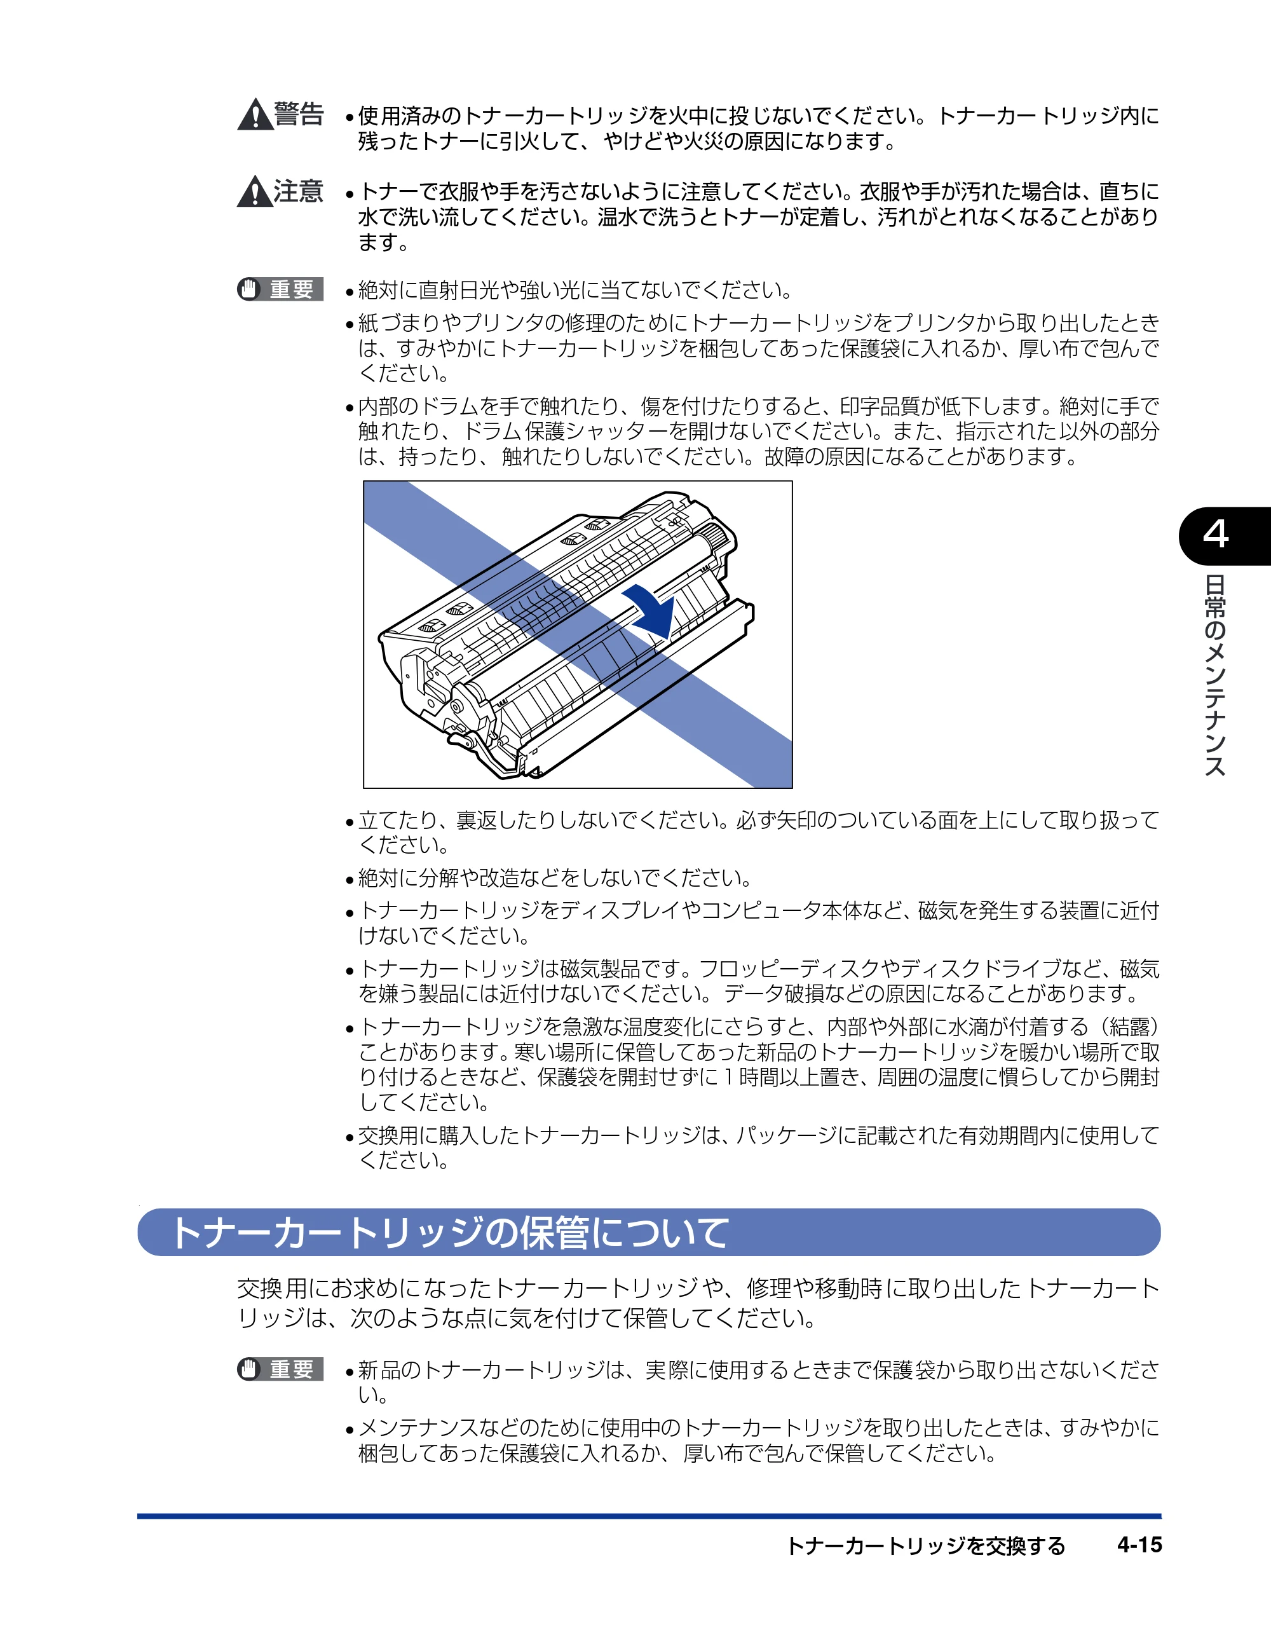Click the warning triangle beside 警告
(255, 115)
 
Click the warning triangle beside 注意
(255, 191)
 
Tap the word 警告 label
(299, 114)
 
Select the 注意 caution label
(299, 191)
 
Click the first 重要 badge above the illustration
(280, 289)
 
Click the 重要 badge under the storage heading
(280, 1369)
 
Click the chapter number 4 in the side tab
(1216, 535)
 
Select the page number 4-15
(1139, 1545)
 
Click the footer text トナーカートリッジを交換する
(926, 1546)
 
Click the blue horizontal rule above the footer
(649, 1516)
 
